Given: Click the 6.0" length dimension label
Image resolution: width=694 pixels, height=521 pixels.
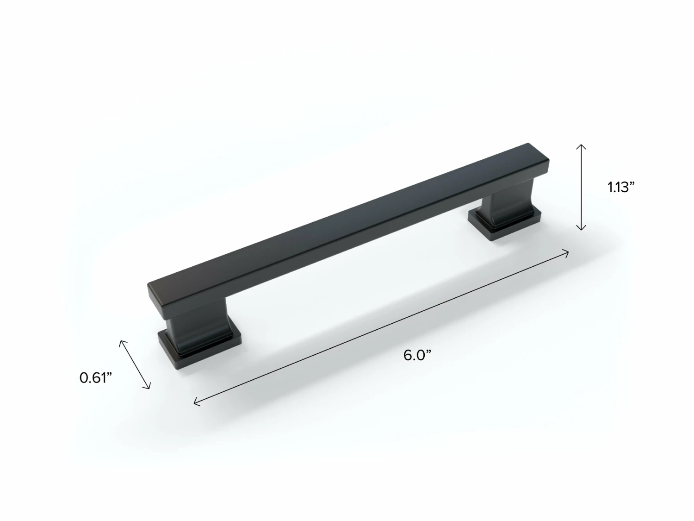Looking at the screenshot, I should click(417, 356).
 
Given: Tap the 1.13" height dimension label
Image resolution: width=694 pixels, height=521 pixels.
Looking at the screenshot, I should click(621, 188).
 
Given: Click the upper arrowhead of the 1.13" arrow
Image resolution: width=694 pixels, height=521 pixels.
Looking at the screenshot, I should click(581, 146).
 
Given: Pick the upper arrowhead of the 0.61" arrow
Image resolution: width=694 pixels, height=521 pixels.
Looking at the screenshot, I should click(122, 342).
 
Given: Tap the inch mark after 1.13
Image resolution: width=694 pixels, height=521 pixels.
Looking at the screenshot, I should click(632, 183).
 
